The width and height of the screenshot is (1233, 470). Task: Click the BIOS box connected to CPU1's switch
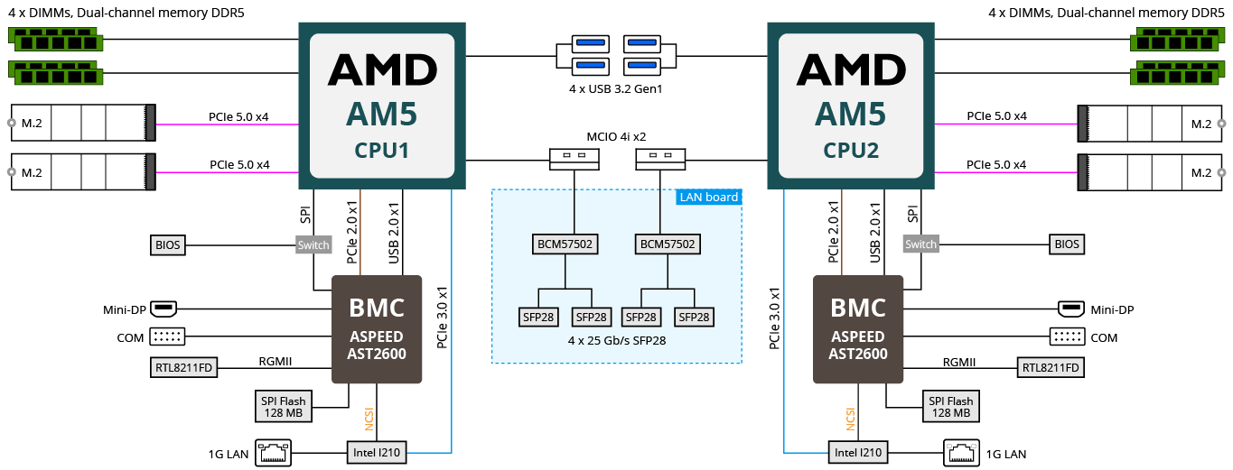[x=168, y=245]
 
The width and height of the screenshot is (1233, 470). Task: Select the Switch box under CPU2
[x=920, y=244]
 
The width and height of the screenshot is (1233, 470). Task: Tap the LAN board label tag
[x=709, y=198]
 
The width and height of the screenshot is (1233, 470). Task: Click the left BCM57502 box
[x=565, y=244]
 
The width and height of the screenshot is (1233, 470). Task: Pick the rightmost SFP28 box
[x=694, y=318]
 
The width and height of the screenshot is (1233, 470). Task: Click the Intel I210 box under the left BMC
[x=377, y=453]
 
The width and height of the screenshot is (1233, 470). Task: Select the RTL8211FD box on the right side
[x=1051, y=368]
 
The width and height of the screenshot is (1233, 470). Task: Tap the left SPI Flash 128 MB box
[x=284, y=407]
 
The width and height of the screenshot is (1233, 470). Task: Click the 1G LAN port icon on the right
[x=961, y=453]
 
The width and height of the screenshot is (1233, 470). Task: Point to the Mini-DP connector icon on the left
[x=163, y=309]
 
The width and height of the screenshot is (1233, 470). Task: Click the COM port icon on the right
[x=1067, y=337]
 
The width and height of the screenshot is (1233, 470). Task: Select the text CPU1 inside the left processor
[x=381, y=151]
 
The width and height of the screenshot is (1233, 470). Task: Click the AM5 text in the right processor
[x=850, y=115]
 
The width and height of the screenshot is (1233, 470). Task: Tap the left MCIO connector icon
[x=574, y=159]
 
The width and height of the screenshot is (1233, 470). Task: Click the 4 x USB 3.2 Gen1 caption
[x=615, y=89]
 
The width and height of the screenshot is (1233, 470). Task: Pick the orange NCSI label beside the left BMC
[x=369, y=419]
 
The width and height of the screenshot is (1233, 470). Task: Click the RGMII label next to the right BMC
[x=959, y=363]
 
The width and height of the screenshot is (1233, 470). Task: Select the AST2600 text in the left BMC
[x=377, y=354]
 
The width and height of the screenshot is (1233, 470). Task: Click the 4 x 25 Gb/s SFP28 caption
[x=616, y=341]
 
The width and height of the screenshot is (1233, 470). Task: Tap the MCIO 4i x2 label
[x=616, y=137]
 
